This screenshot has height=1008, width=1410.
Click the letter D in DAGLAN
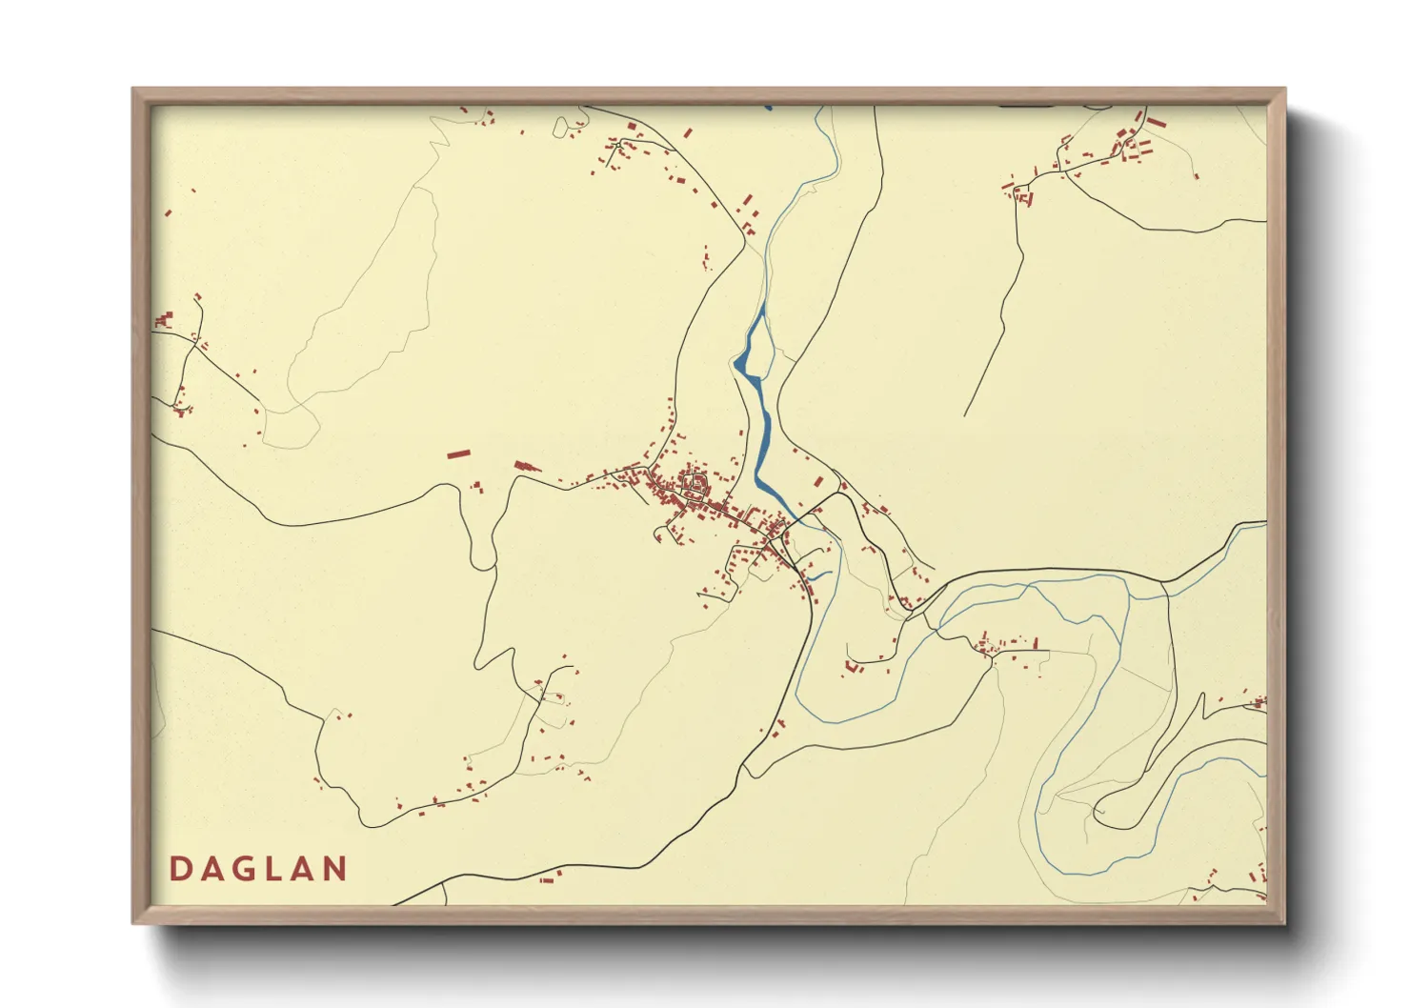pyautogui.click(x=179, y=869)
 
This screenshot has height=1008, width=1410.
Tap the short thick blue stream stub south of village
pyautogui.click(x=818, y=576)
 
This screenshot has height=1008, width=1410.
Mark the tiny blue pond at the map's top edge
pyautogui.click(x=768, y=108)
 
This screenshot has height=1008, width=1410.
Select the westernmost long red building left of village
pyautogui.click(x=459, y=454)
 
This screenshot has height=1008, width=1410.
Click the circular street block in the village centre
pyautogui.click(x=695, y=486)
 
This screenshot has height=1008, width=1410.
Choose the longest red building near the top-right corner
pyautogui.click(x=1156, y=123)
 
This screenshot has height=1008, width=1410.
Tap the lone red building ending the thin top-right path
pyautogui.click(x=1197, y=176)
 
